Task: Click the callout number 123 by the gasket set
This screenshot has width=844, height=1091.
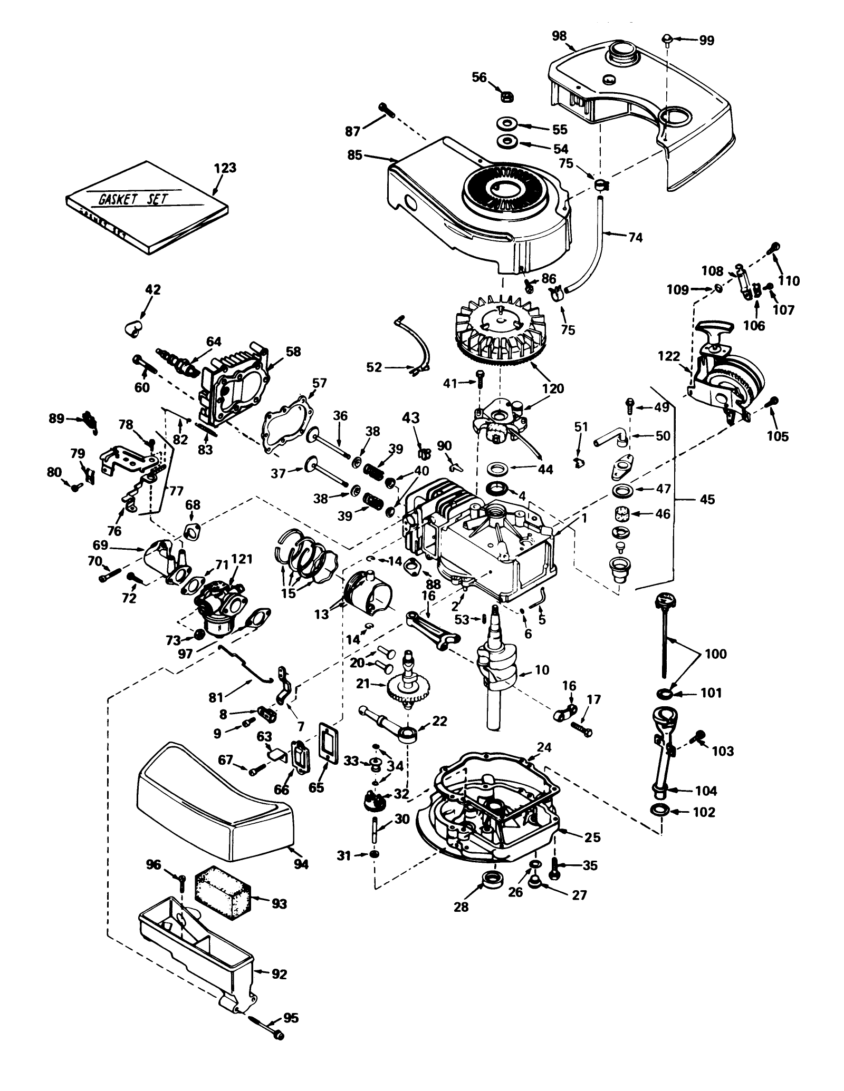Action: click(x=225, y=168)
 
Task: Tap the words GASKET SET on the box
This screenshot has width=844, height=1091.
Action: click(x=132, y=199)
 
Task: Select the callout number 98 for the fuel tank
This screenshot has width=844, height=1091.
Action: click(x=559, y=36)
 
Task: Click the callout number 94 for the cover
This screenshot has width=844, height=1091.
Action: click(x=301, y=864)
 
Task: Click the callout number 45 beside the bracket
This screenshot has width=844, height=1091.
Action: click(x=707, y=499)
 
